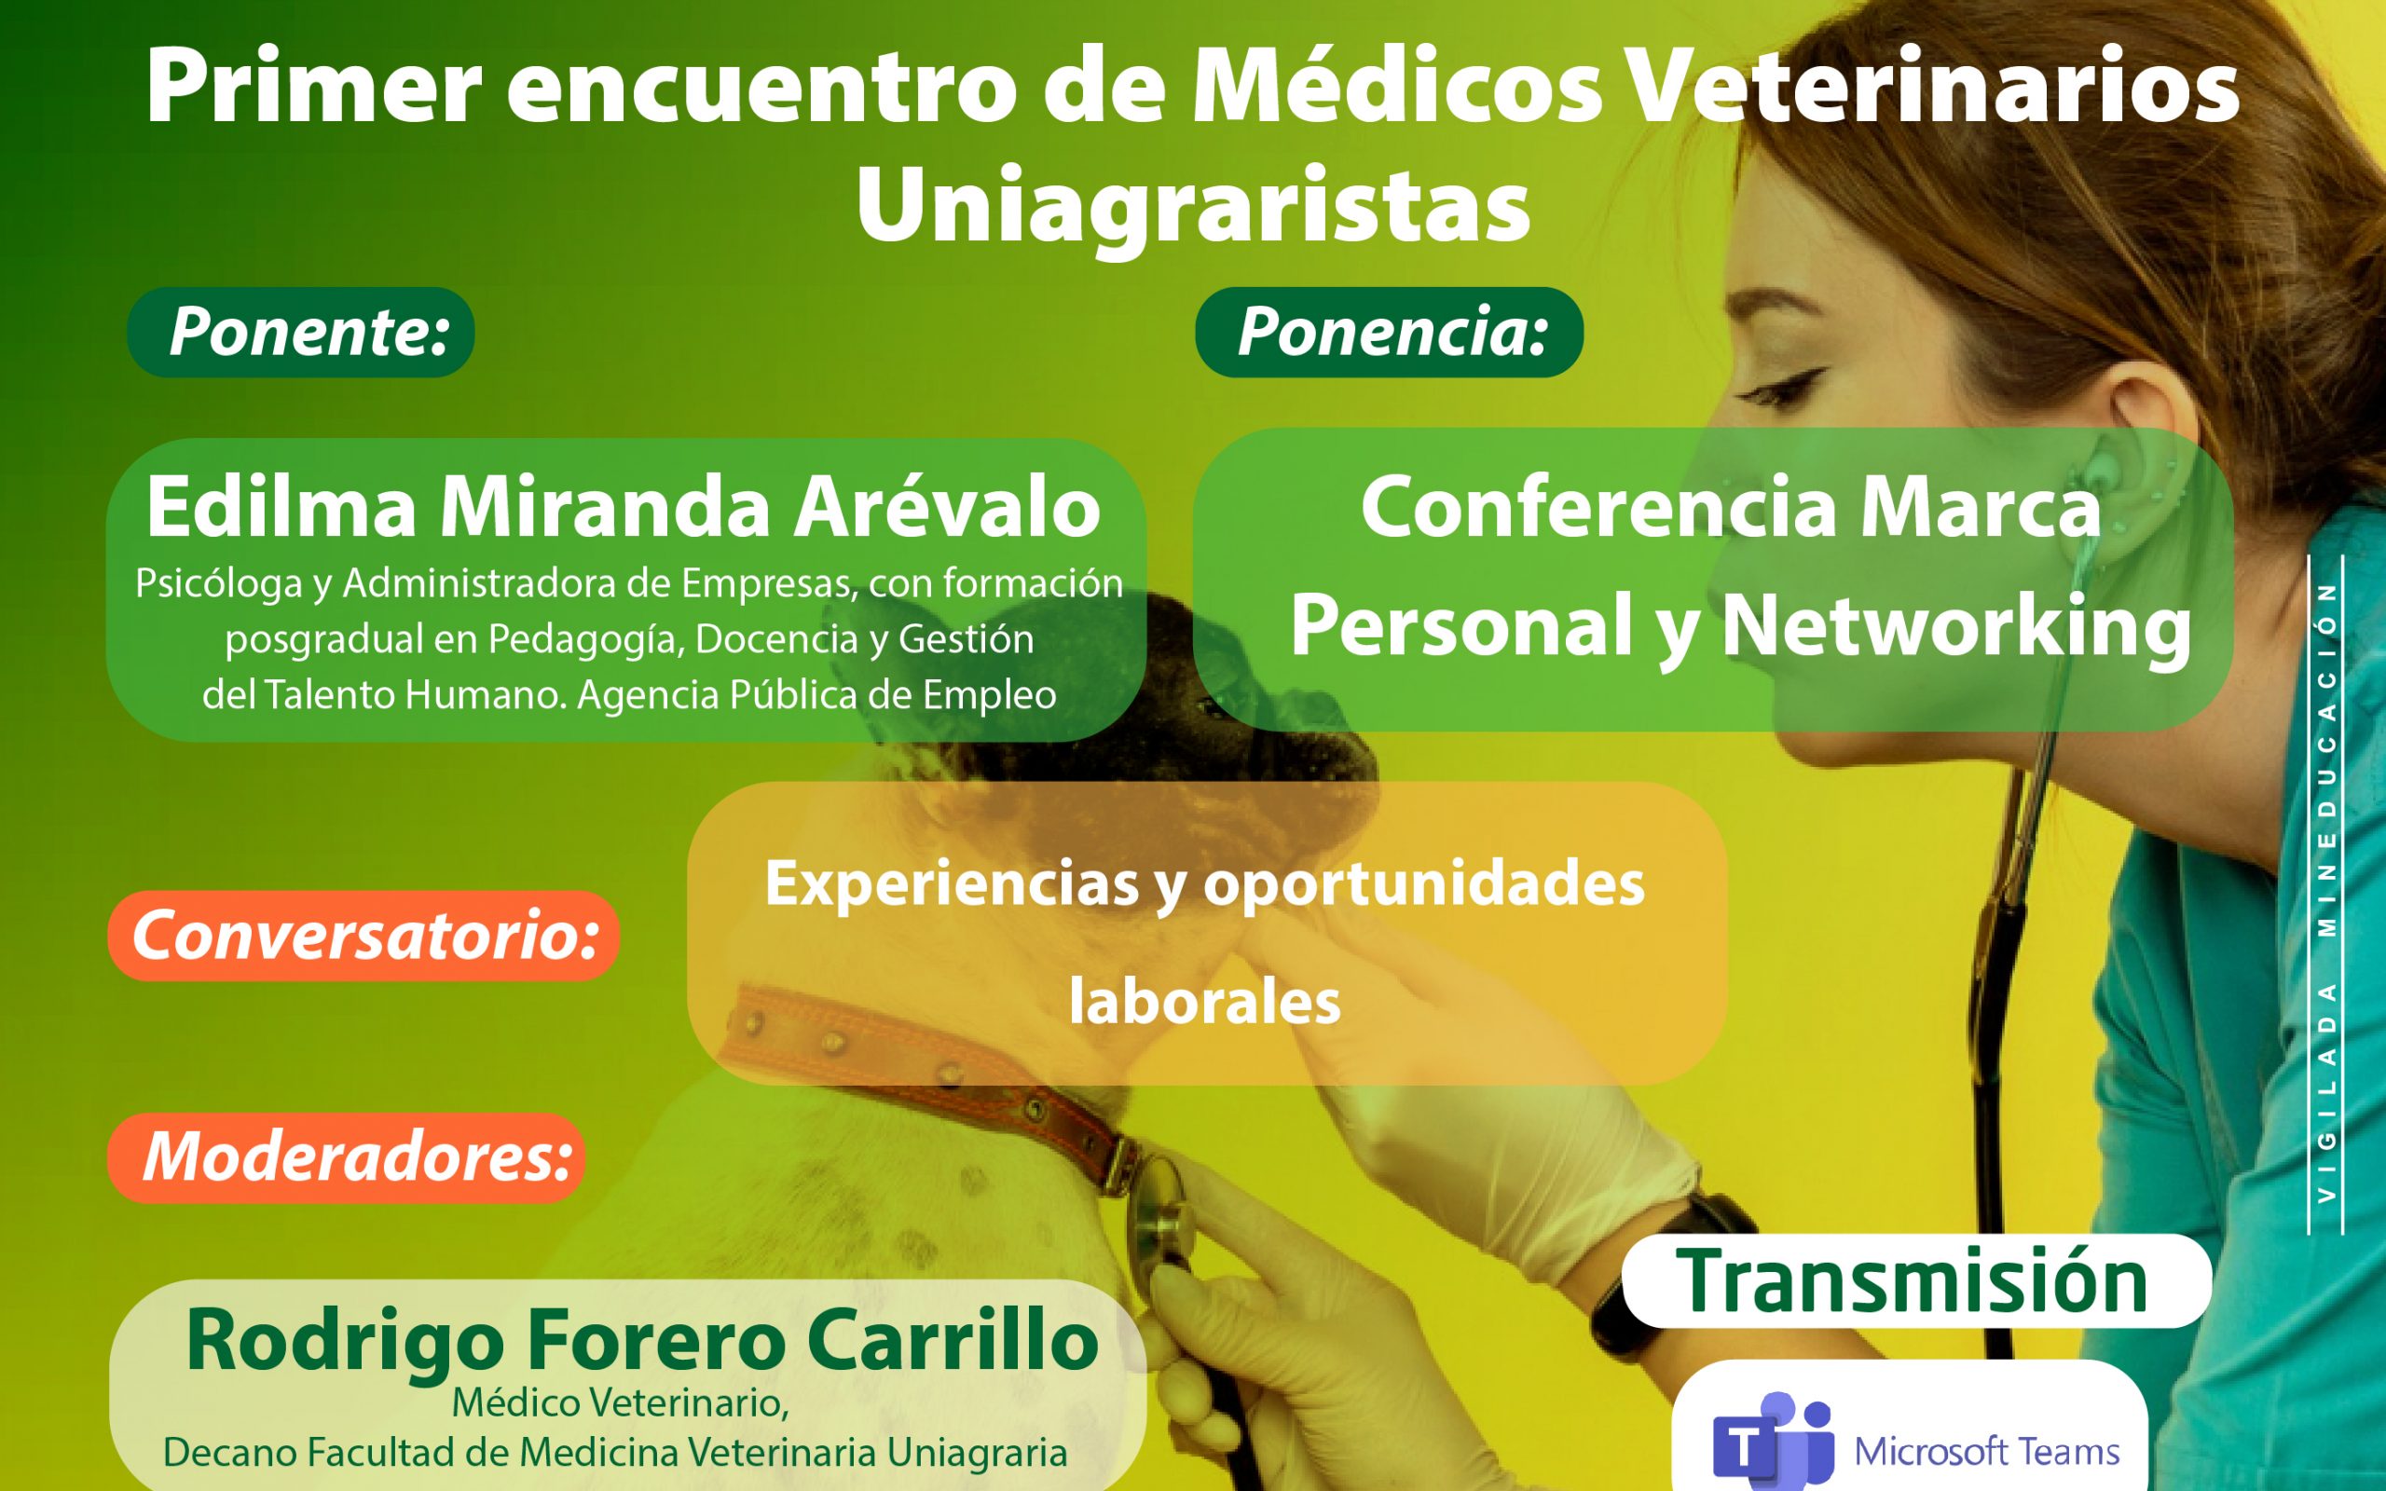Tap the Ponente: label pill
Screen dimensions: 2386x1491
pos(301,333)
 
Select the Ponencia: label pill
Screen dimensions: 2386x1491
pos(1390,333)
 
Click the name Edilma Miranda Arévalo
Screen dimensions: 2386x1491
pos(624,507)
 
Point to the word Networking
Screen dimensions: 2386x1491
pos(1956,627)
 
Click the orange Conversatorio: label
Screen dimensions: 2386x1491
pos(363,936)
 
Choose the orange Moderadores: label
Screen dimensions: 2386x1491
pos(347,1157)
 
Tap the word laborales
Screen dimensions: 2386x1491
pos(1205,1002)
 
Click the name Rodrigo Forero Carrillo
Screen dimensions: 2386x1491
pos(642,1340)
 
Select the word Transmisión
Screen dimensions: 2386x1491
pos(1912,1282)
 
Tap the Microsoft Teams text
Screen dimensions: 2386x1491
pos(1987,1452)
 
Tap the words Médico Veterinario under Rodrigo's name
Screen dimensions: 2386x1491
pos(621,1403)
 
